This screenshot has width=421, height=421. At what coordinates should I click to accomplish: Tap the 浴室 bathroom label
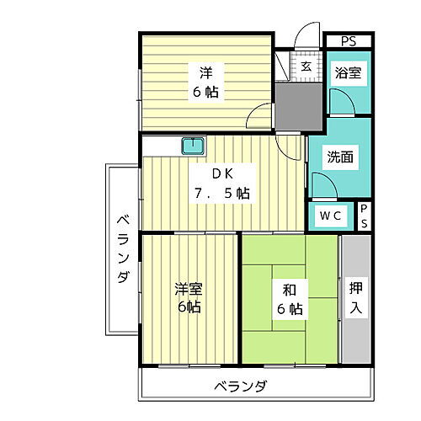coord(348,73)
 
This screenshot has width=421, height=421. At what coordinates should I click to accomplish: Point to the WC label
coord(330,216)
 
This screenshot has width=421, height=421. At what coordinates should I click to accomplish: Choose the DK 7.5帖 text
coord(221,184)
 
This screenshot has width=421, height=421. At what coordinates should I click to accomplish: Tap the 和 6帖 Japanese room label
coord(289,299)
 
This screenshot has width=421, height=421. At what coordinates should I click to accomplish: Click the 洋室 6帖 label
coord(188,298)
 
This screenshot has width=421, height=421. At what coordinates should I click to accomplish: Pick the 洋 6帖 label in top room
coord(205,83)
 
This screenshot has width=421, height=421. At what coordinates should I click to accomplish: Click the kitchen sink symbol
coord(194,145)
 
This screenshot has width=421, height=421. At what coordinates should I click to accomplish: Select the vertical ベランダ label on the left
coord(122,249)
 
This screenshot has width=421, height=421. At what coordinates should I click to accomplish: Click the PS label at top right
coord(348,41)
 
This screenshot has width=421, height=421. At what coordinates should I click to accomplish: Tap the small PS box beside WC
coord(364,215)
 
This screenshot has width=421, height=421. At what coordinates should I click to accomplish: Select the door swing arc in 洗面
coord(323,184)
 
